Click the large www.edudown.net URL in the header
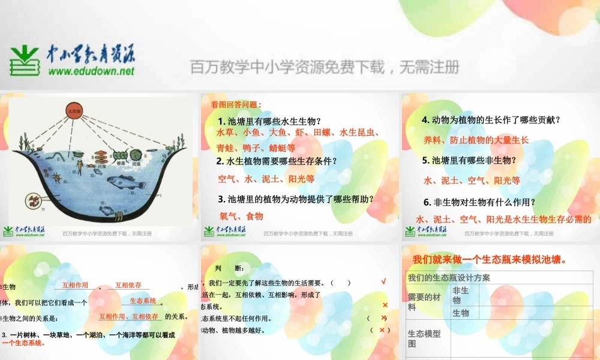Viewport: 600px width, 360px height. point(91,71)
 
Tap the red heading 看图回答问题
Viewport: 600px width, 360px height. point(236,104)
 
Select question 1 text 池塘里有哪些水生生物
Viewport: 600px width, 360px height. point(269,121)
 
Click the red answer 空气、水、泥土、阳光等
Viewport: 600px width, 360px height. point(266,179)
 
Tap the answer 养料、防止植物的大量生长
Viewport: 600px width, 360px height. point(476,140)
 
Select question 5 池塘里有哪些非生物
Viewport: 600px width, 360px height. point(469,160)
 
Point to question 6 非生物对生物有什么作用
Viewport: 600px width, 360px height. point(479,202)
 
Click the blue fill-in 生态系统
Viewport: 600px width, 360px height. point(143,301)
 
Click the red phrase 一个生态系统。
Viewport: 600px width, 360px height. point(24,343)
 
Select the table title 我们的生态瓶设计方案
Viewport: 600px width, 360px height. point(449,278)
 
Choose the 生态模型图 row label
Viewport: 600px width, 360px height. point(424,338)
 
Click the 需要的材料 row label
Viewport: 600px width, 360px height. point(424,302)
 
